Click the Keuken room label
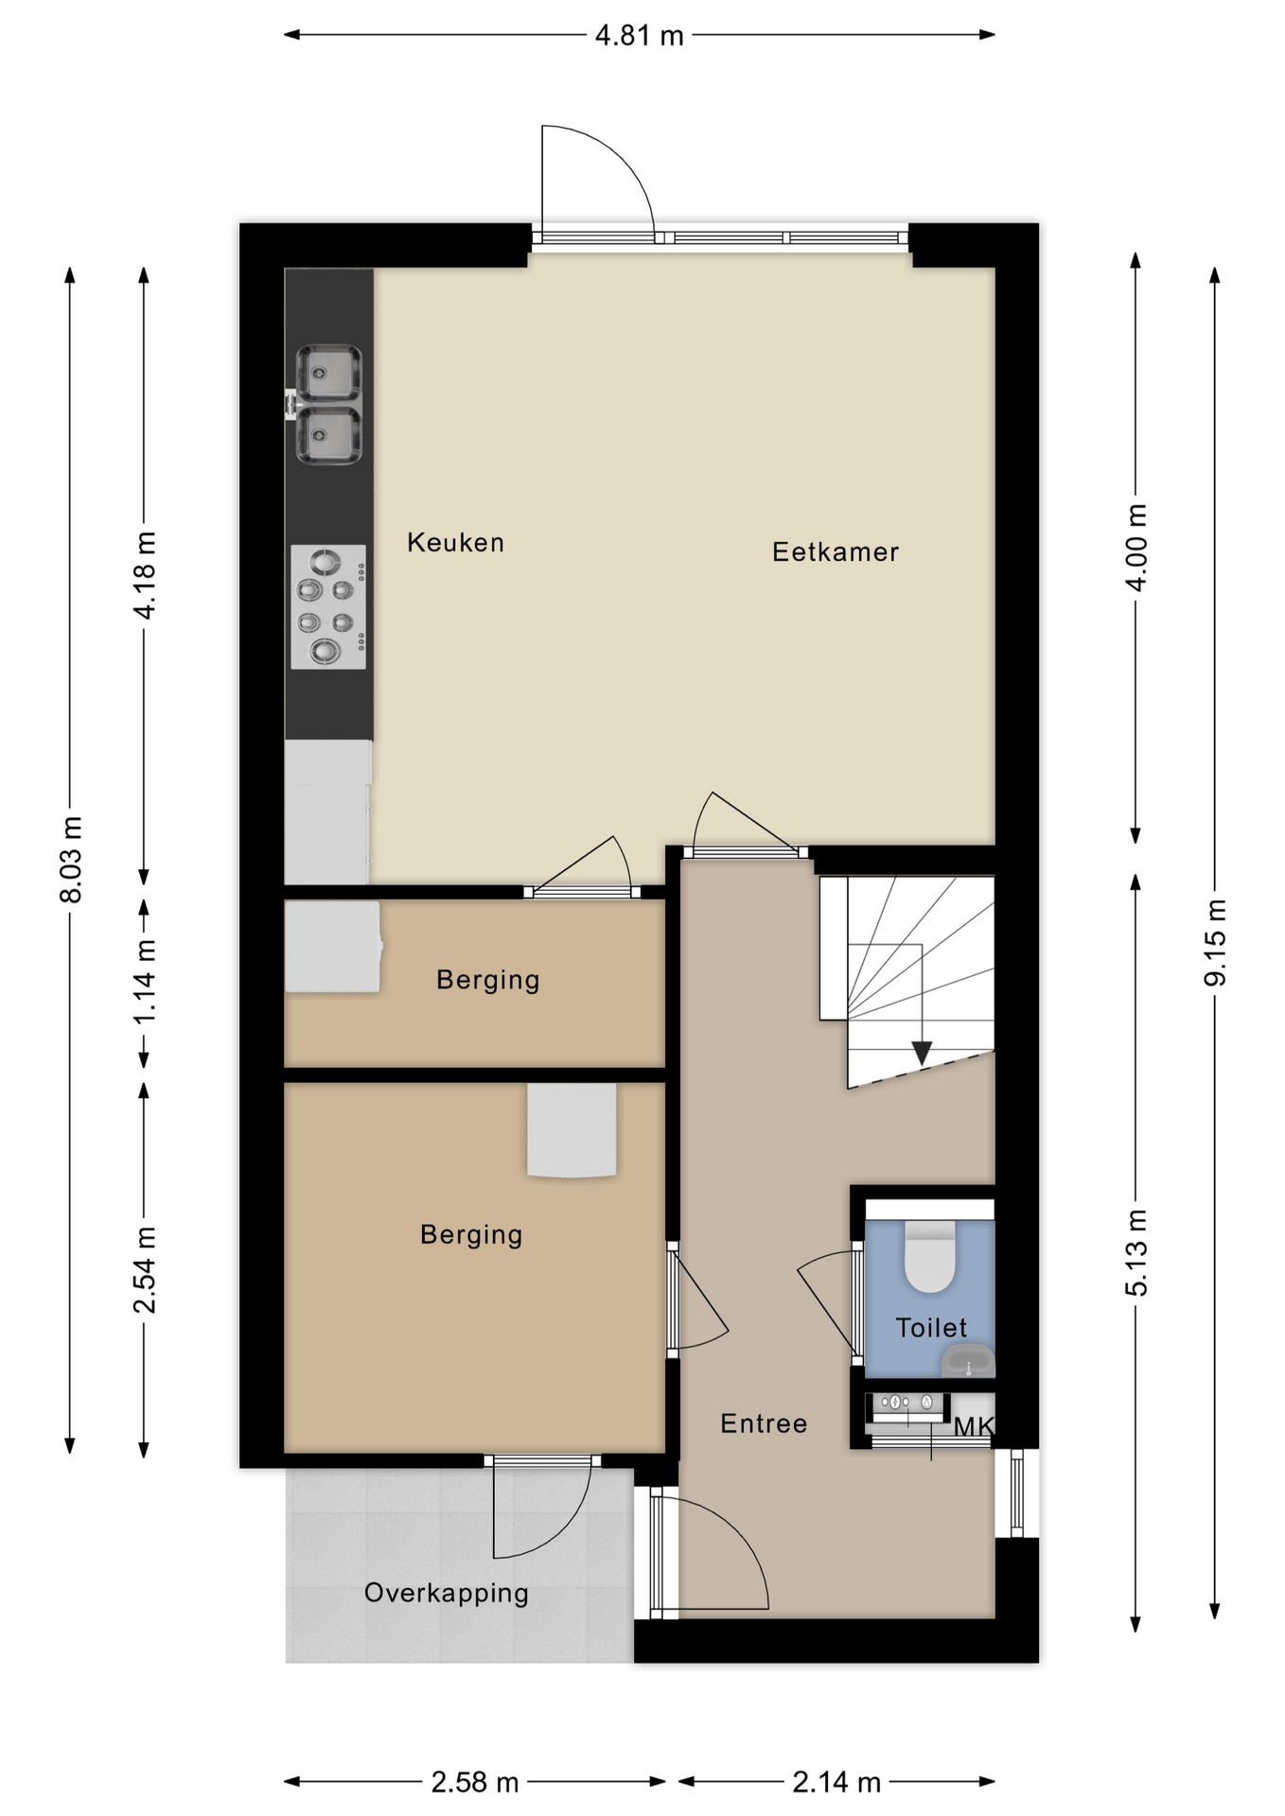pos(455,542)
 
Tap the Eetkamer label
pos(835,551)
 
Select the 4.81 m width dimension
pos(639,36)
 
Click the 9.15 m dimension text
pos(1215,942)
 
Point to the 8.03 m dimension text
pos(71,859)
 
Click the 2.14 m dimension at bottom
pos(836,1782)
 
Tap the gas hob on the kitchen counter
pos(327,606)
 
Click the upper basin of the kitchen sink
pos(328,372)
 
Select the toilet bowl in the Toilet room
pos(930,1257)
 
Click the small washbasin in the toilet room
pos(968,1362)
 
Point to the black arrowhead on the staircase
pos(922,1052)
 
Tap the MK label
pos(973,1426)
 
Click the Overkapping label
pos(446,1593)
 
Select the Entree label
pos(763,1423)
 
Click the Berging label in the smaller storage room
pos(487,979)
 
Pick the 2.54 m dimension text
pos(144,1270)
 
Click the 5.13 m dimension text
pos(1135,1252)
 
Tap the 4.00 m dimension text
pos(1135,548)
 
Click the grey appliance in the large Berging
pos(572,1129)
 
